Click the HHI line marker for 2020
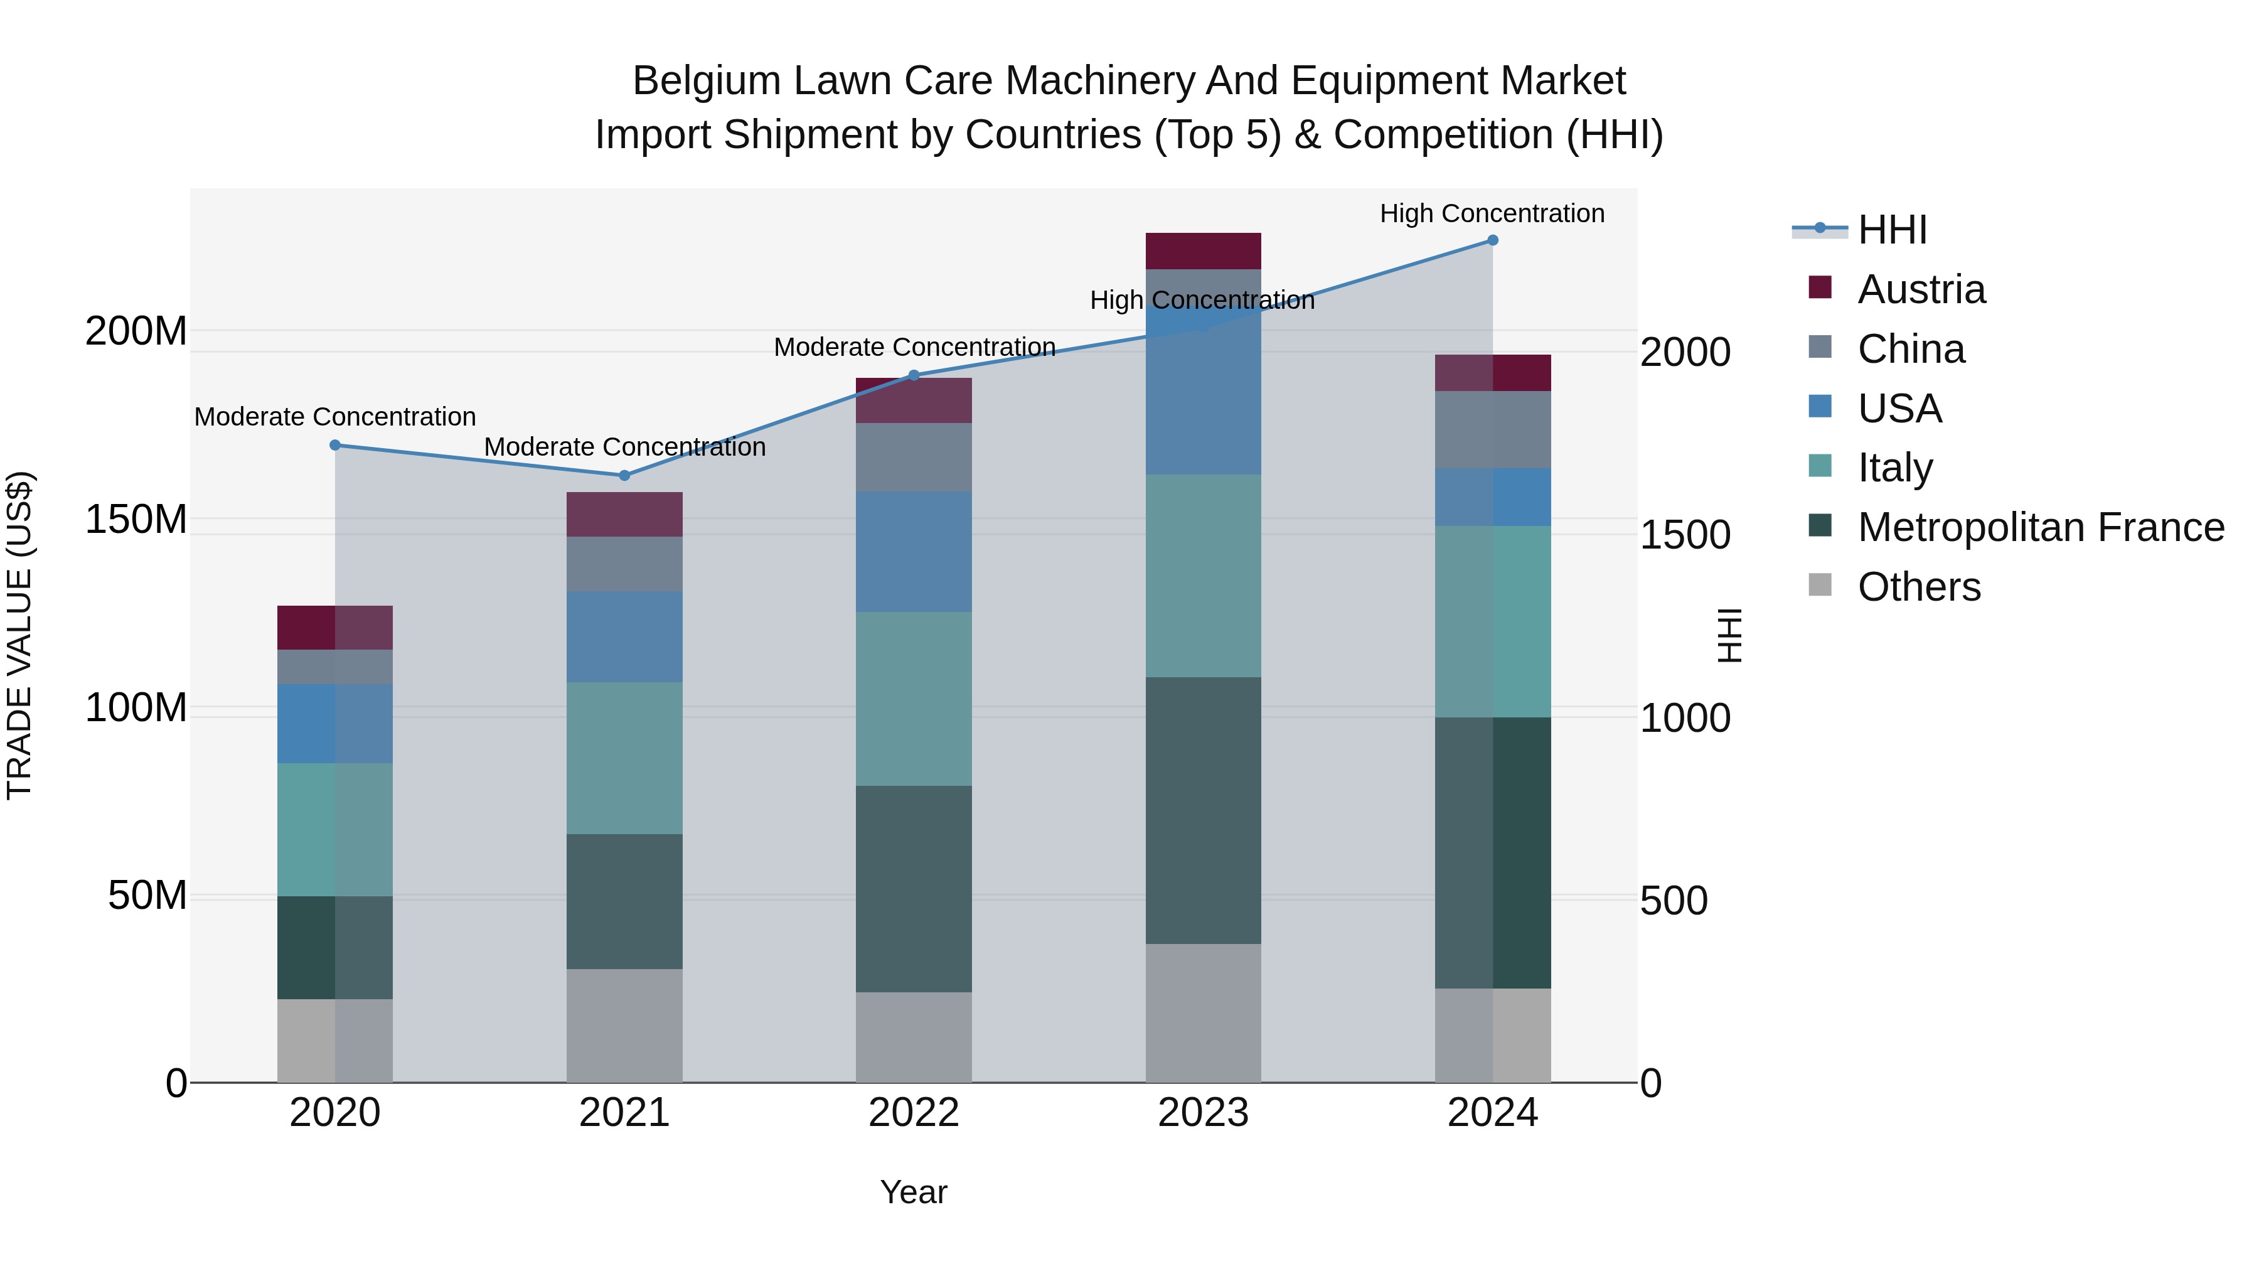tap(335, 446)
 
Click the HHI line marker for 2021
tap(624, 475)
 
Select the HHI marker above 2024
tap(1493, 240)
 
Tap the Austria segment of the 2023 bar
tap(1203, 251)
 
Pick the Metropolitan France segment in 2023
tap(1203, 810)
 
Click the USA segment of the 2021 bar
tap(624, 637)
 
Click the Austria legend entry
tap(1921, 289)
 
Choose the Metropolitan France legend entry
tap(2040, 527)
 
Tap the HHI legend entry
tap(1891, 230)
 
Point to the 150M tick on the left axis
tap(136, 519)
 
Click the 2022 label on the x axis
tap(914, 1113)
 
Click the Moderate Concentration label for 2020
tap(335, 417)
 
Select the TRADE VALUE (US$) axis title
tap(19, 635)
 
